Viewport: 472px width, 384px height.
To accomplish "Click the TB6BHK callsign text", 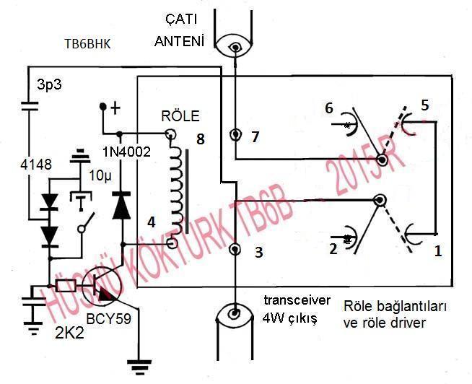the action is pyautogui.click(x=87, y=44).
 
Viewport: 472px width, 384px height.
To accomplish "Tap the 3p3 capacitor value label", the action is pyautogui.click(x=49, y=84).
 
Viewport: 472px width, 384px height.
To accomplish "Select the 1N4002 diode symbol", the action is pyautogui.click(x=121, y=206).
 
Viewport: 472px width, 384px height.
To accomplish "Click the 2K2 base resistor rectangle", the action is pyautogui.click(x=66, y=286).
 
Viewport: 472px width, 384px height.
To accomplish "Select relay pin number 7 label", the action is pyautogui.click(x=255, y=137).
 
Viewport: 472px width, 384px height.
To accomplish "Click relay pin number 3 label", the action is pyautogui.click(x=259, y=253).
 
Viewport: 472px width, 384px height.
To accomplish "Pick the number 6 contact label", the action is pyautogui.click(x=329, y=108).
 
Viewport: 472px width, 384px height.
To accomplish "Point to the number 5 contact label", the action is pyautogui.click(x=425, y=105).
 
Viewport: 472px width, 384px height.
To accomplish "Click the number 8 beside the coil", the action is pyautogui.click(x=200, y=139).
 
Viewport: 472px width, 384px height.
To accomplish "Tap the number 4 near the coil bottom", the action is pyautogui.click(x=152, y=222).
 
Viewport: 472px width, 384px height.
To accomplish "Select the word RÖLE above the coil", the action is pyautogui.click(x=180, y=116).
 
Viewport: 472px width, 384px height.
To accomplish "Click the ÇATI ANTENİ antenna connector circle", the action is pyautogui.click(x=235, y=47).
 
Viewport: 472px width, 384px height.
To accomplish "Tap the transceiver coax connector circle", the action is pyautogui.click(x=235, y=314).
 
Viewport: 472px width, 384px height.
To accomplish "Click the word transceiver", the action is pyautogui.click(x=297, y=300).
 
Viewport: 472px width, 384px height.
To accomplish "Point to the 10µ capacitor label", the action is pyautogui.click(x=100, y=176).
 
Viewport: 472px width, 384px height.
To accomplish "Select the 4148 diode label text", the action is pyautogui.click(x=36, y=165).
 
